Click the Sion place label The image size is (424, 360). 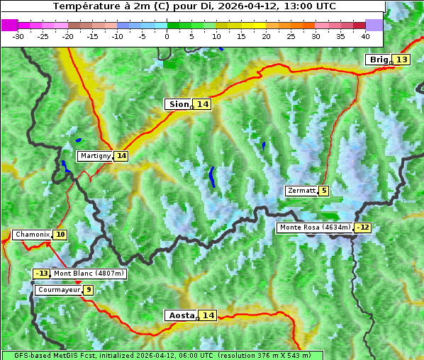point(178,104)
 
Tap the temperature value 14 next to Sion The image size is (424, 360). point(203,104)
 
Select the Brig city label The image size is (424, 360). point(379,60)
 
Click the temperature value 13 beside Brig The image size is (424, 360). point(401,60)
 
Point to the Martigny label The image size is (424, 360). point(95,155)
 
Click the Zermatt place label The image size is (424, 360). point(301,191)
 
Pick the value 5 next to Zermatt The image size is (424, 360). point(324,191)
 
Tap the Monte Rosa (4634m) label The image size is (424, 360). point(315,227)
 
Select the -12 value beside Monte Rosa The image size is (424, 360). point(363,227)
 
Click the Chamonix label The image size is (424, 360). point(32,235)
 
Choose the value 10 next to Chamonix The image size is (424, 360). point(60,235)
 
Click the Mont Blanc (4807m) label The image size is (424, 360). point(89,274)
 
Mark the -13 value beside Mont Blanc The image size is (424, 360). point(42,274)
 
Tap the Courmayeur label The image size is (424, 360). point(58,290)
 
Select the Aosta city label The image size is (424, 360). point(180,315)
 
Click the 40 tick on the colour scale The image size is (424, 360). point(365,35)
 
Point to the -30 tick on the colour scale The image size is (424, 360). point(18,35)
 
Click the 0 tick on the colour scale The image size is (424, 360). point(167,35)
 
